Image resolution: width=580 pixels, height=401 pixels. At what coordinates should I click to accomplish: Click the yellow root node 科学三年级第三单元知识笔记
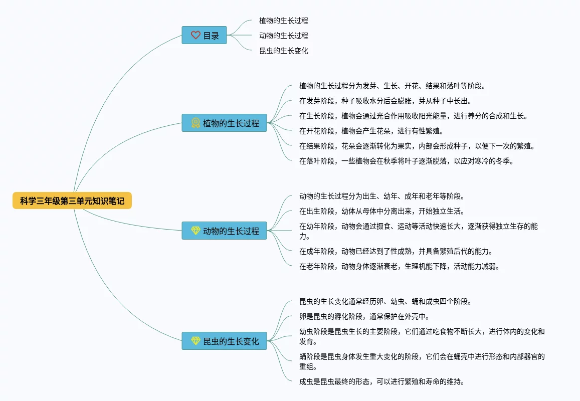[x=72, y=201]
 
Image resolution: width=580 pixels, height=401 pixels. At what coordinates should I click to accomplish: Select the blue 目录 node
[x=204, y=36]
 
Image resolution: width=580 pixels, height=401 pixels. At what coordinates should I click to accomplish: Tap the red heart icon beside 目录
[x=196, y=36]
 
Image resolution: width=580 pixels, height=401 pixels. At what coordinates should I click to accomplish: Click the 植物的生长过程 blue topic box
[x=224, y=123]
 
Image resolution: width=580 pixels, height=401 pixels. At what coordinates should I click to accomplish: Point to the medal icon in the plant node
[x=196, y=123]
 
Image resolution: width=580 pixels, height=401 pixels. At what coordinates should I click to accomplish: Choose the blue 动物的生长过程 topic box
[x=224, y=231]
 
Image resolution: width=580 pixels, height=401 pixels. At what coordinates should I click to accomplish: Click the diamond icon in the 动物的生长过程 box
[x=196, y=231]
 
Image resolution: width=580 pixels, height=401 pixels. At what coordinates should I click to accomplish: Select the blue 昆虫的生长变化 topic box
[x=224, y=341]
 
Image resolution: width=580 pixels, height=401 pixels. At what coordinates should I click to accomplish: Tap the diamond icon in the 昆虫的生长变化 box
[x=196, y=341]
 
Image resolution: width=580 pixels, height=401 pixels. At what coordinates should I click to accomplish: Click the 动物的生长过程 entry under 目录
[x=283, y=36]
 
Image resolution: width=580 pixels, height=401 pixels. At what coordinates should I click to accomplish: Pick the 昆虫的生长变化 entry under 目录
[x=283, y=51]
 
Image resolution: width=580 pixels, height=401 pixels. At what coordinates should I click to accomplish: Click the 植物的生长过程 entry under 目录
[x=283, y=21]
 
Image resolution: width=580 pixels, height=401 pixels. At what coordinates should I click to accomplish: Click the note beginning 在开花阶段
[x=371, y=131]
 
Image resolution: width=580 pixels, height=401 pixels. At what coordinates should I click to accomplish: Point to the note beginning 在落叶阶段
[x=406, y=161]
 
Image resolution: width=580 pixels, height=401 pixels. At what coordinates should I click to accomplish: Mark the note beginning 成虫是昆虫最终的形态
[x=381, y=381]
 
